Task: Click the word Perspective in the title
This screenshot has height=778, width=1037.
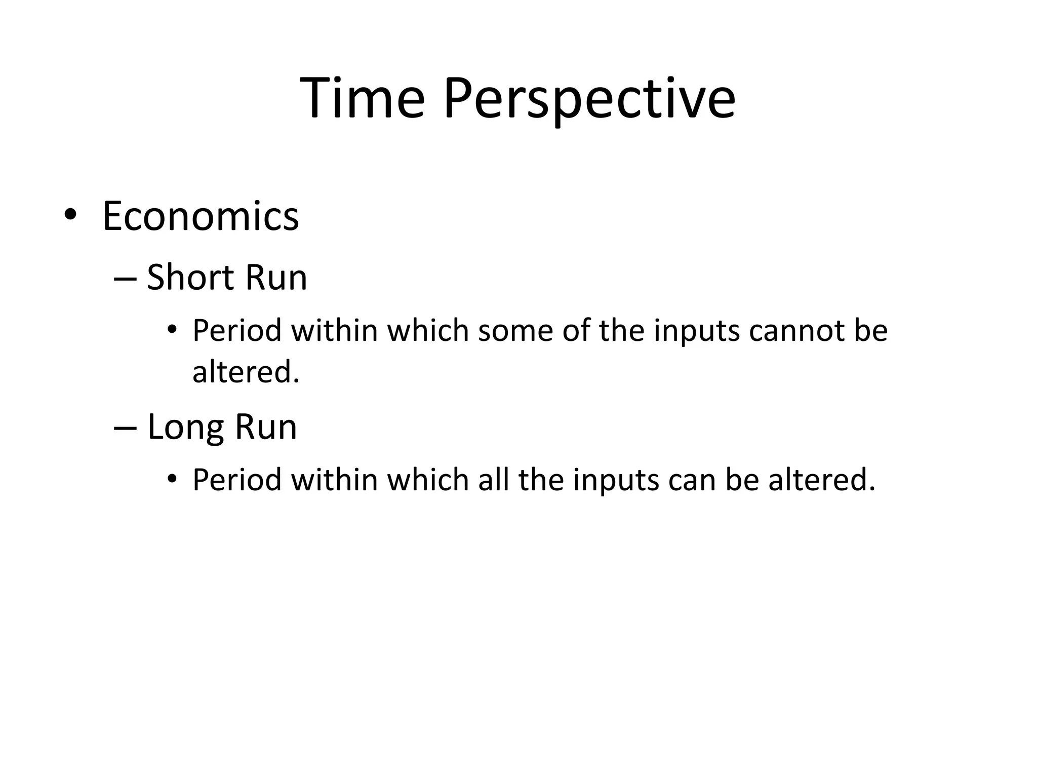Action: pyautogui.click(x=589, y=99)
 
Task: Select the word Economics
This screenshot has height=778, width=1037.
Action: pyautogui.click(x=201, y=217)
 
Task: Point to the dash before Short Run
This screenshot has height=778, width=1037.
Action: pyautogui.click(x=125, y=280)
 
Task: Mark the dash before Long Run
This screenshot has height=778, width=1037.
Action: pyautogui.click(x=125, y=429)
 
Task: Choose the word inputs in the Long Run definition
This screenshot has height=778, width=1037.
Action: pyautogui.click(x=616, y=481)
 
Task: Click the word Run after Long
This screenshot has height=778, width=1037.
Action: pyautogui.click(x=265, y=427)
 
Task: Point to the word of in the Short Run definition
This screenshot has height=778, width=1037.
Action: pyautogui.click(x=576, y=331)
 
